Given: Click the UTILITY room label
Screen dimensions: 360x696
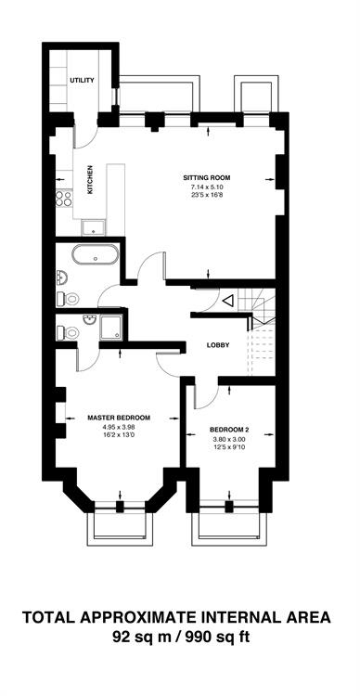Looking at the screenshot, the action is coord(82,81).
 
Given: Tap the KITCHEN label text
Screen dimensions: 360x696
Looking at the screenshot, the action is coord(90,180).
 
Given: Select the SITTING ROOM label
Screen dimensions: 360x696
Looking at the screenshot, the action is coord(207,178).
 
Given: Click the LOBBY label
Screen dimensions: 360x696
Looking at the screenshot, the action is coord(218,345).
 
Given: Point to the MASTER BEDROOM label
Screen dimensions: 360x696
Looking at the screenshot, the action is coord(119,418).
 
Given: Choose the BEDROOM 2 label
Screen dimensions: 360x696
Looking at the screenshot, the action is coord(229,430).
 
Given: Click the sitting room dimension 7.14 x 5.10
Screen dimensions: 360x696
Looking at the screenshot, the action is coord(207,187).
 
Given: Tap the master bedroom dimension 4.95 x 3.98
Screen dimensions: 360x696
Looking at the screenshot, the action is coord(119,428).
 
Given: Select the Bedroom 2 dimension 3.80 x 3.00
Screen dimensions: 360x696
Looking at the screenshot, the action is coord(229,440).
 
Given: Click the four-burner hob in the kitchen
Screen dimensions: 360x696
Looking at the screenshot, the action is coord(64,199).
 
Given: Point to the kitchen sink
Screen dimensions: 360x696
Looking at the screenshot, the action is coord(93,228).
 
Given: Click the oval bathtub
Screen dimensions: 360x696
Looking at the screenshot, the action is coord(96,254).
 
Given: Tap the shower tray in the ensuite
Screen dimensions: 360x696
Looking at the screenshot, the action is coord(109,328).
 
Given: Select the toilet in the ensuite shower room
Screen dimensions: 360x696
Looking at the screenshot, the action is coord(69,332).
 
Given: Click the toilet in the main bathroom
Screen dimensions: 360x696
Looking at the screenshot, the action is coord(69,299).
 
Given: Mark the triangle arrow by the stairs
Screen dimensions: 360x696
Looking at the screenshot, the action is coord(227,302).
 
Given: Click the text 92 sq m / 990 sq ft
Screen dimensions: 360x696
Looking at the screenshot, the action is coord(180,637).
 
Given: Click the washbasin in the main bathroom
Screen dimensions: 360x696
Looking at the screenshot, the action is coord(61,278).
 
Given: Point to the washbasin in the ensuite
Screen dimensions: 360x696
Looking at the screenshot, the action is coord(90,318).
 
